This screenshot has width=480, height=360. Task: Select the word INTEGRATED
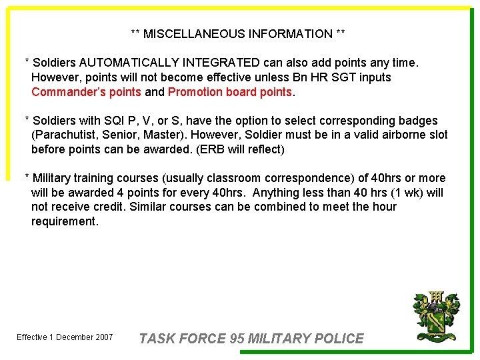tap(219, 63)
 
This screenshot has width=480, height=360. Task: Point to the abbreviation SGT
tap(340, 77)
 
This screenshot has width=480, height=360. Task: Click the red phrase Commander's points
tap(86, 92)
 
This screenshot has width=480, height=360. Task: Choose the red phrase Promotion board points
tap(230, 92)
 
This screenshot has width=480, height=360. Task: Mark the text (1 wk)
tap(399, 193)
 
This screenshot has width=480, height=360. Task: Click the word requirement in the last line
tap(65, 221)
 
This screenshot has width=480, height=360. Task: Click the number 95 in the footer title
tap(236, 339)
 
